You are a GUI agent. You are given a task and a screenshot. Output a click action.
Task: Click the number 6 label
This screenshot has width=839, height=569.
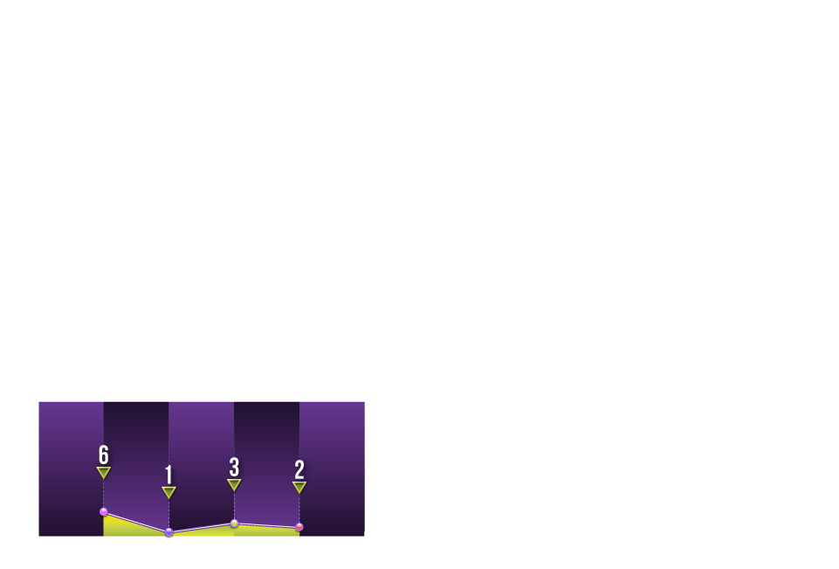(x=104, y=455)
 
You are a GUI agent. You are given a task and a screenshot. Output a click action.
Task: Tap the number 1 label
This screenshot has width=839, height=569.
(x=169, y=475)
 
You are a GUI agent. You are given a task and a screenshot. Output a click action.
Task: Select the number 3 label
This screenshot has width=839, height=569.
(x=234, y=468)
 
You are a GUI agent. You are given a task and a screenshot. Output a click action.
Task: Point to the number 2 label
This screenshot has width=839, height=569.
(x=299, y=470)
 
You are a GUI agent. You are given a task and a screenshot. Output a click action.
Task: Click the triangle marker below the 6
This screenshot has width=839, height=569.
(x=104, y=472)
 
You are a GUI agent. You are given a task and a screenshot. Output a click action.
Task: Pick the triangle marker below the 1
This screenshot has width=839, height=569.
(x=169, y=492)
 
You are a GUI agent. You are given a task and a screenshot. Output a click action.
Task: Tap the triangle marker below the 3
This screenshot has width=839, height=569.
(x=234, y=484)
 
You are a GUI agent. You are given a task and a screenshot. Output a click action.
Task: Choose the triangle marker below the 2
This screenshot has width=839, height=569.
(x=299, y=487)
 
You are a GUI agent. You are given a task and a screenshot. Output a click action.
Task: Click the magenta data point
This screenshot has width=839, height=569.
(x=104, y=511)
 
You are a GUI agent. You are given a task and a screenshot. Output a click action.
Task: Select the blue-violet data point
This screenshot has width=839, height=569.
(x=169, y=532)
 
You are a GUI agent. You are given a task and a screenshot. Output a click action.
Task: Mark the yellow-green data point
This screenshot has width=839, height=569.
(x=234, y=523)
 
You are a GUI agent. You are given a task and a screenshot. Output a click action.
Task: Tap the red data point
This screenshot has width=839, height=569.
(x=299, y=527)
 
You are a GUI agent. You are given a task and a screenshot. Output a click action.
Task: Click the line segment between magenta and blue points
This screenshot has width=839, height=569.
(x=136, y=522)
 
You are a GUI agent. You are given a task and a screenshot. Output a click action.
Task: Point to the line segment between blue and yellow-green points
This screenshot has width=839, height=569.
(x=202, y=528)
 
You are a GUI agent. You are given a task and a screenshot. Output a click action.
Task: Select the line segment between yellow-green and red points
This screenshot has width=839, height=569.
(x=267, y=525)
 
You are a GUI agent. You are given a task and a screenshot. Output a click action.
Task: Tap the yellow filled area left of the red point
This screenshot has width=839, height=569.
(x=267, y=531)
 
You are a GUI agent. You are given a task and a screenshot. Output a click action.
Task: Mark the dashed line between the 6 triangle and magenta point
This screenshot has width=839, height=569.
(x=104, y=493)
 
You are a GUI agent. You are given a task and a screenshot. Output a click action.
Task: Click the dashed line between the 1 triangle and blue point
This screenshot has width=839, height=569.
(x=169, y=513)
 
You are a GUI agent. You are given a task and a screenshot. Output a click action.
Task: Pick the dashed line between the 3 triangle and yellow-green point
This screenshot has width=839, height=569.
(x=234, y=504)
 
